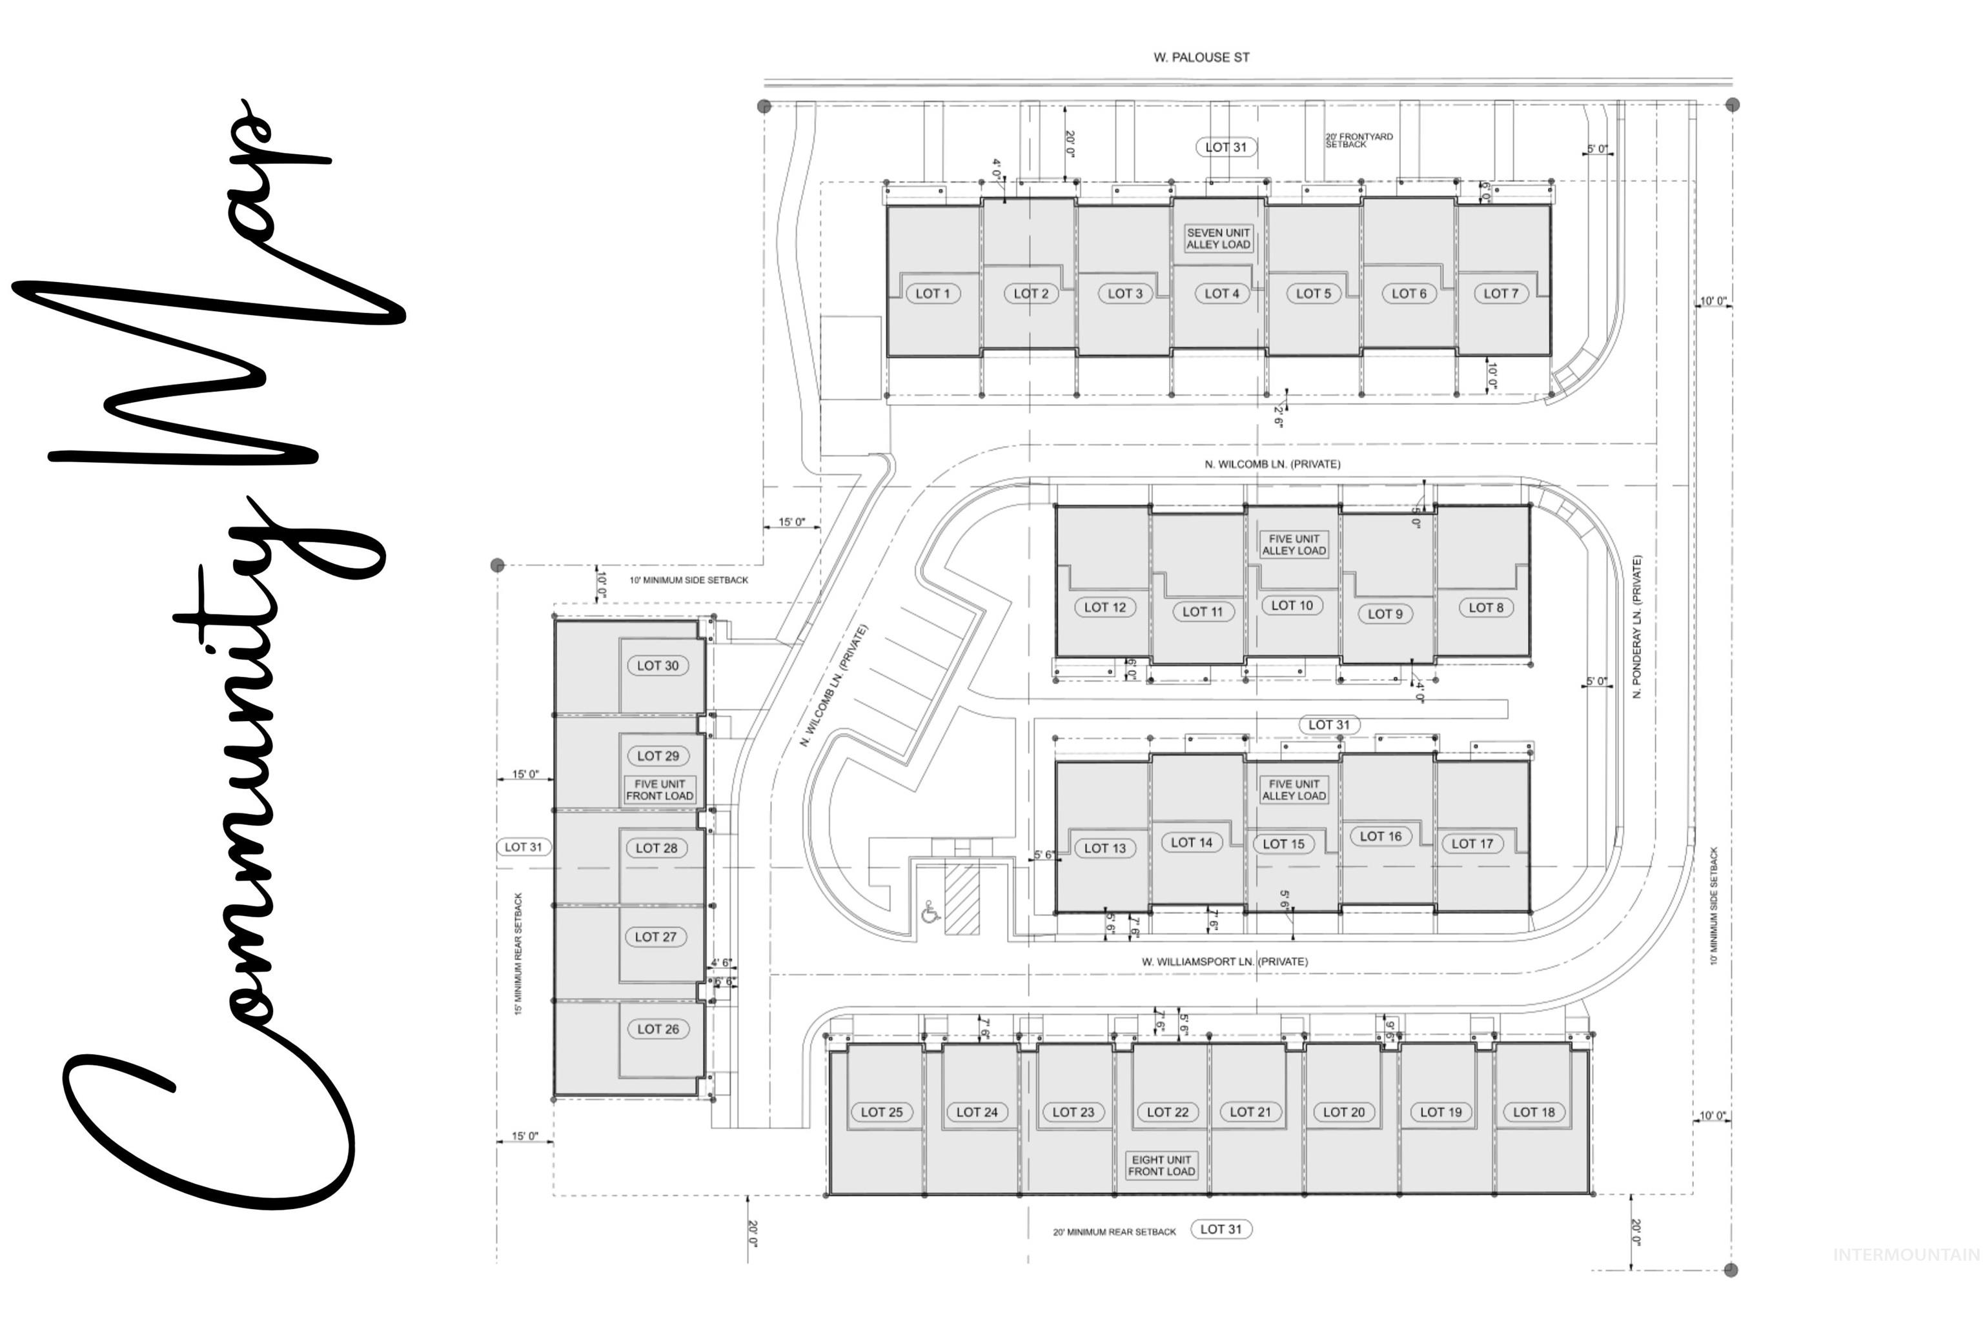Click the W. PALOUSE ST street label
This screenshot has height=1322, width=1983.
(x=1201, y=57)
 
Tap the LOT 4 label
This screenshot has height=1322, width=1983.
(x=1222, y=294)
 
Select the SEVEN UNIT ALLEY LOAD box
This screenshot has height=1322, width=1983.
(x=1218, y=239)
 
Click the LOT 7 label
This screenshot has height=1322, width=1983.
(x=1501, y=294)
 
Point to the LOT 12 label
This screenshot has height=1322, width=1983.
(x=1104, y=607)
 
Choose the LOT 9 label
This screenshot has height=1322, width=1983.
(x=1385, y=614)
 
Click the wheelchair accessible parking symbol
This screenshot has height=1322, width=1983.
(x=931, y=911)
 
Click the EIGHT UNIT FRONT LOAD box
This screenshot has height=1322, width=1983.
(x=1161, y=1165)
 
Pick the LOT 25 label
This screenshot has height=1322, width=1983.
(x=881, y=1112)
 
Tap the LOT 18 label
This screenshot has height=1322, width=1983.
(x=1534, y=1112)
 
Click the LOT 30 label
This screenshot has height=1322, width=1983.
(x=658, y=666)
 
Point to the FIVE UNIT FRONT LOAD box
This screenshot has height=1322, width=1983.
(x=659, y=789)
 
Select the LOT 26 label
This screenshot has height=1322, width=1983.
(x=658, y=1028)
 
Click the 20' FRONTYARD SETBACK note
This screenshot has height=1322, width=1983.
(x=1358, y=140)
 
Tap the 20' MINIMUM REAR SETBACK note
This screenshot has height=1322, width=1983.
(x=1114, y=1232)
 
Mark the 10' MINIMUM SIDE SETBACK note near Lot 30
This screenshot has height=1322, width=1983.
(x=688, y=580)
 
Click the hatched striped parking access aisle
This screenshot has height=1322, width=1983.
(x=962, y=899)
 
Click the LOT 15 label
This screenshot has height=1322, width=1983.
(x=1283, y=844)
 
